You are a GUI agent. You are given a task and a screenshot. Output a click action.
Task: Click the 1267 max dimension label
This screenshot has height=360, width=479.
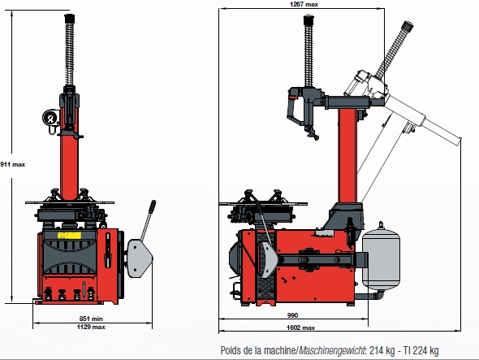[304, 4]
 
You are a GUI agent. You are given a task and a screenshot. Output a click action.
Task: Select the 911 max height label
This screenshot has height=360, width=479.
[12, 164]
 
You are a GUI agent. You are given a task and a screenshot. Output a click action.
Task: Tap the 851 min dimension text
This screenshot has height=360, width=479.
[91, 319]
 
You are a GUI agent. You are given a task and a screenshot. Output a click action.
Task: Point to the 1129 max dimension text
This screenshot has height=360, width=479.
[91, 327]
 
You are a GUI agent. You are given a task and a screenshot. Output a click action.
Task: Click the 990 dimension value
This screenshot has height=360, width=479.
[292, 315]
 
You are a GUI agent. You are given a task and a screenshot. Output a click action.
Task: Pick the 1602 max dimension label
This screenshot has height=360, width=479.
[300, 327]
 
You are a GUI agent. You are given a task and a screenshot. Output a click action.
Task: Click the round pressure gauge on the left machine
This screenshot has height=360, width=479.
[50, 118]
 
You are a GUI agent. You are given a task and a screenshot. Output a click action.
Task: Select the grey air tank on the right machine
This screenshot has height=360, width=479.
[381, 256]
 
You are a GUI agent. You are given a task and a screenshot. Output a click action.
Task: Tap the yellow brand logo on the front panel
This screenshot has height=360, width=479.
[69, 236]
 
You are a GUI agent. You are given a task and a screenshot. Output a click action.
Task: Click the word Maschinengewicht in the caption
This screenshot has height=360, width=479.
[332, 350]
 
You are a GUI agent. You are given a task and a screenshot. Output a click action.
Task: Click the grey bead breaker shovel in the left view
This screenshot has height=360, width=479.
[139, 258]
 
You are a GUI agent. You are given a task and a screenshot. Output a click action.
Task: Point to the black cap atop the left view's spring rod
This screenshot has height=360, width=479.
[70, 18]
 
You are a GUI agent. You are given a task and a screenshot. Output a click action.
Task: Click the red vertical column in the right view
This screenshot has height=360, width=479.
[347, 155]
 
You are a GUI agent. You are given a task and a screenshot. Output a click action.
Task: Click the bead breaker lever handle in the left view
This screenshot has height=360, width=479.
[148, 220]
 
